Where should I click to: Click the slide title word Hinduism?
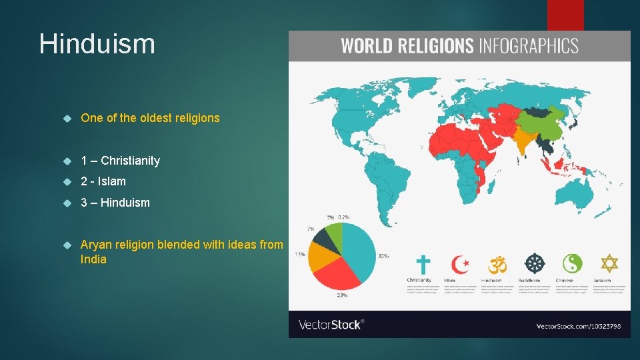(97, 44)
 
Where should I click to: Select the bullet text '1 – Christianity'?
(120, 161)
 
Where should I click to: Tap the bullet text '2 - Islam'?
(103, 181)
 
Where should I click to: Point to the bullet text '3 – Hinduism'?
(115, 203)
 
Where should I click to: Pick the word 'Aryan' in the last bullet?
(96, 245)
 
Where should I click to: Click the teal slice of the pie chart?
(359, 250)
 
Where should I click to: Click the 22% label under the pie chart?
(341, 295)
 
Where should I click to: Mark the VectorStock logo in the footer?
(331, 325)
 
